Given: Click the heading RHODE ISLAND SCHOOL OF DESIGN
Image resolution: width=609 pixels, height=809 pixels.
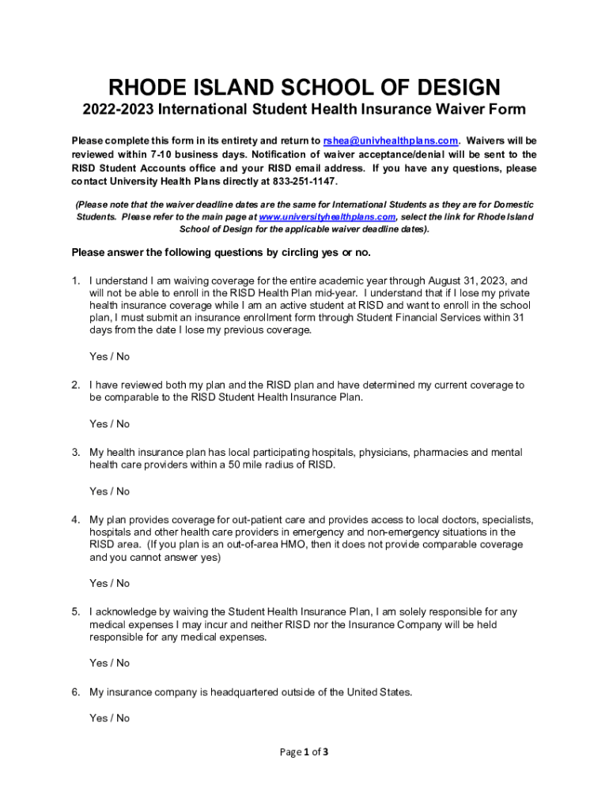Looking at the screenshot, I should (304, 86).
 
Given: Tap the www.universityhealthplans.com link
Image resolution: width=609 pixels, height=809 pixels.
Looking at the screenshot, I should (327, 216).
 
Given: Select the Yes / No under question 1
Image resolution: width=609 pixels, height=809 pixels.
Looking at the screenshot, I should (109, 357).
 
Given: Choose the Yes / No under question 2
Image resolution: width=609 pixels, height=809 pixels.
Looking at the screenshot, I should (109, 424).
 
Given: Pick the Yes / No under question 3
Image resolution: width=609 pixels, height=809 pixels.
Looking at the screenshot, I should (109, 491).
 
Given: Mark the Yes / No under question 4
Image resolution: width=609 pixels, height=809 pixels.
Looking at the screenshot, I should (109, 584).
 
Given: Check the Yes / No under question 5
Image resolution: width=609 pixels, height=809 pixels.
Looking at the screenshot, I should (109, 664).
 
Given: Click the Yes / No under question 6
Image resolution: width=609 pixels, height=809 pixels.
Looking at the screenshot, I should (109, 719).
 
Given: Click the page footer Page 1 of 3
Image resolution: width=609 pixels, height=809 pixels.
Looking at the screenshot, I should (304, 752).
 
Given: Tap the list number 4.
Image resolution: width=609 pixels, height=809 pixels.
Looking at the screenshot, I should (75, 520).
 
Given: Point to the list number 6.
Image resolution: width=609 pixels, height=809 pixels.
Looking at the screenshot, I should (75, 693).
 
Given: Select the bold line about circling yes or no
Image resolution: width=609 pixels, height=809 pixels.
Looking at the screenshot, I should (221, 253).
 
